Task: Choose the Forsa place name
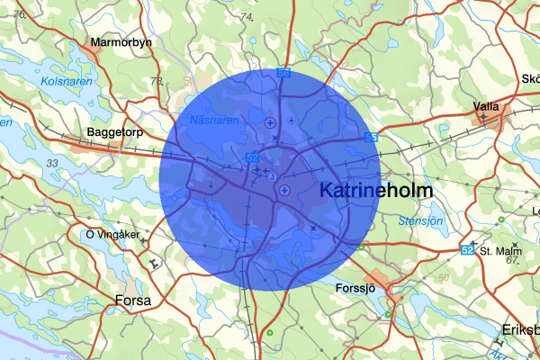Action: point(133,300)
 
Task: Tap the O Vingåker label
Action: point(112,235)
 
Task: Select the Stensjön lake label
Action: point(420,220)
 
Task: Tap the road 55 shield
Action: point(372,138)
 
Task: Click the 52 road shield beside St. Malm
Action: point(467,249)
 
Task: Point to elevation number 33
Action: point(52,163)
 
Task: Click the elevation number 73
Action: point(157,82)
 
